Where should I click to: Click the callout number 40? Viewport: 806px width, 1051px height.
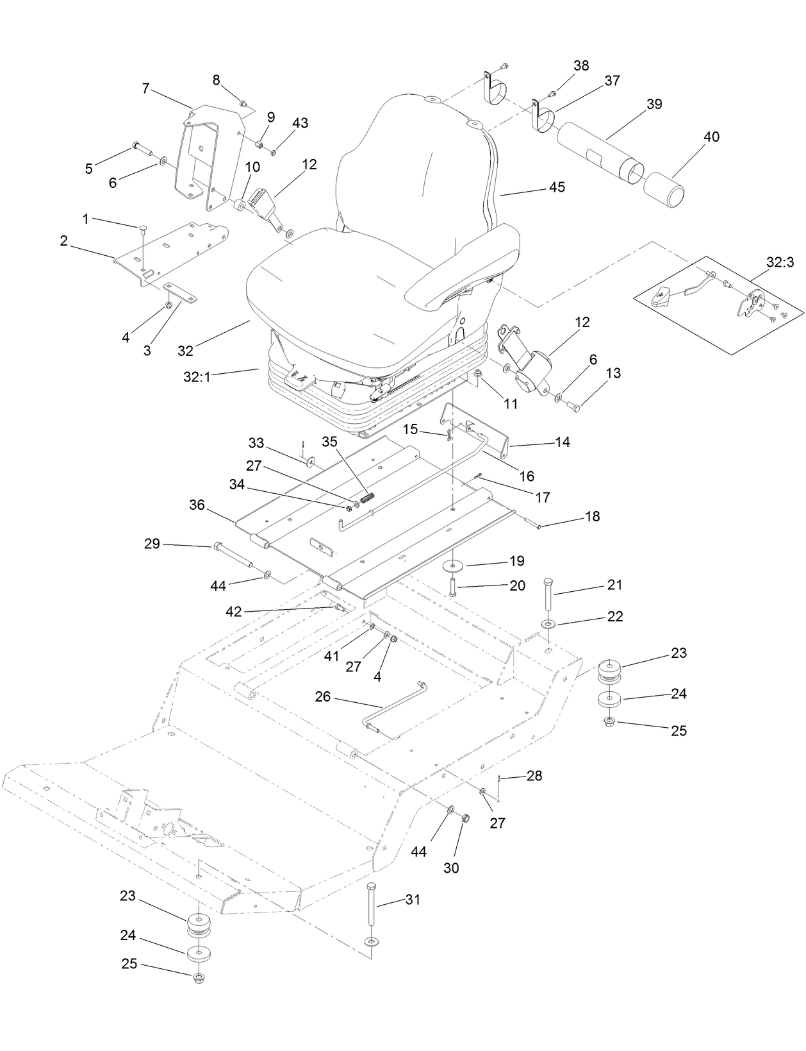pos(711,137)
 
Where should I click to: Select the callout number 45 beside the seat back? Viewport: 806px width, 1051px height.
pos(557,187)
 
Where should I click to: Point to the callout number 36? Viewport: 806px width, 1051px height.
pos(197,505)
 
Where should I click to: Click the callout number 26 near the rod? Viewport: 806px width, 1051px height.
pos(323,696)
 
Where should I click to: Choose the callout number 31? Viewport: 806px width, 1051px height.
pos(413,900)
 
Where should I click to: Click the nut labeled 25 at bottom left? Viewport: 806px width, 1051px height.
pos(198,977)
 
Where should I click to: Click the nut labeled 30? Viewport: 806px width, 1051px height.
pos(466,818)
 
